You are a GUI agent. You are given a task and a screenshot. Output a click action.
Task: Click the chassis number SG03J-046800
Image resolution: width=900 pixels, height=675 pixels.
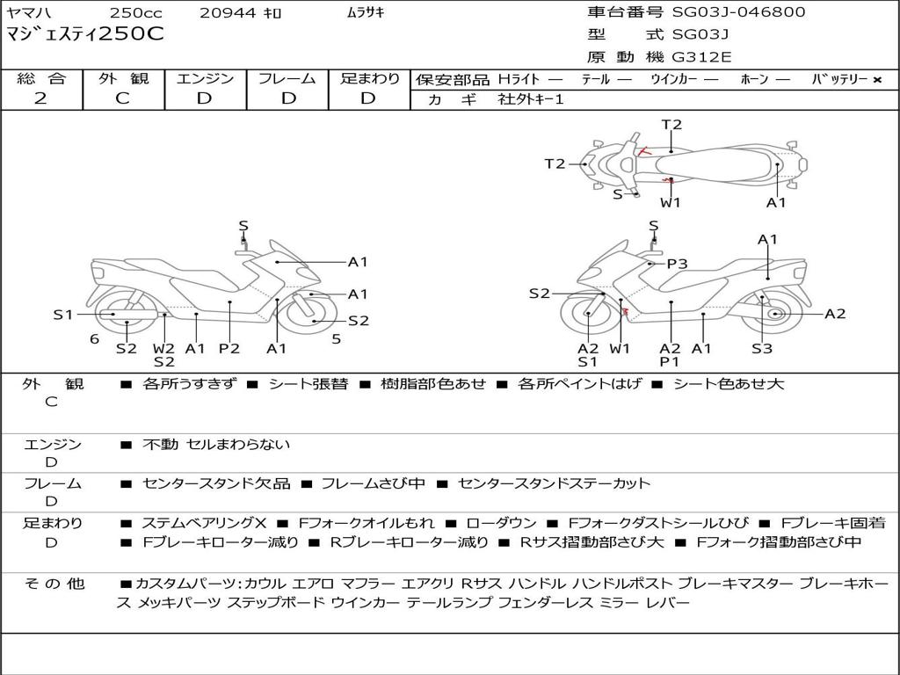[x=738, y=12]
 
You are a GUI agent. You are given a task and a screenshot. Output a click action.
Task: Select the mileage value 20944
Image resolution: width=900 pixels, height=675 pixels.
[x=227, y=13]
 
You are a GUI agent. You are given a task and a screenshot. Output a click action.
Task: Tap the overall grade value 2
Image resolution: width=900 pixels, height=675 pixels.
[x=40, y=98]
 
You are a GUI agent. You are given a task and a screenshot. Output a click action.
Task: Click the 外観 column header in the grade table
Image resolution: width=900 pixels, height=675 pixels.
[x=123, y=78]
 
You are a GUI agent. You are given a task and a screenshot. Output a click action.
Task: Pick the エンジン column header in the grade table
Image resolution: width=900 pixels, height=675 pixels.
[x=205, y=78]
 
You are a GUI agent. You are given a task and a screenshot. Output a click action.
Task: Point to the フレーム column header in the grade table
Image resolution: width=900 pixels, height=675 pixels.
[x=287, y=78]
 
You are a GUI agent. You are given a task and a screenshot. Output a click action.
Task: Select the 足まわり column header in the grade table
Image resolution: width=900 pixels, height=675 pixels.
[x=370, y=78]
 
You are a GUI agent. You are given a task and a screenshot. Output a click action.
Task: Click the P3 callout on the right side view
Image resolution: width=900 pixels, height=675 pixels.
[x=677, y=264]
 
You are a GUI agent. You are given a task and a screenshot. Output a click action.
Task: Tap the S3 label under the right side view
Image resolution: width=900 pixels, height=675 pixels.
[x=761, y=348]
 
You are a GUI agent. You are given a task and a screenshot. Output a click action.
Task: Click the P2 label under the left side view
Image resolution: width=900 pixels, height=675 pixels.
[x=229, y=348]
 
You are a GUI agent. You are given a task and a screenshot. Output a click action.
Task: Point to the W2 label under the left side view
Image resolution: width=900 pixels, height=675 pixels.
[x=164, y=348]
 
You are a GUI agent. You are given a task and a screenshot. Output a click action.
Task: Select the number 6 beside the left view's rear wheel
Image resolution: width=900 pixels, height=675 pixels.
[x=93, y=339]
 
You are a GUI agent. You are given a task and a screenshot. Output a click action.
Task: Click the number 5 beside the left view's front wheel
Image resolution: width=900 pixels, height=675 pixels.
[x=336, y=339]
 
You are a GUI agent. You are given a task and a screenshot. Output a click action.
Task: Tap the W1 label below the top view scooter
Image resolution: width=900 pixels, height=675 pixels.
[x=671, y=202]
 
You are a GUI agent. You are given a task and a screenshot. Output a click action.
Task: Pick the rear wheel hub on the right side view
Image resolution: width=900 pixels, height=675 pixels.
[x=774, y=314]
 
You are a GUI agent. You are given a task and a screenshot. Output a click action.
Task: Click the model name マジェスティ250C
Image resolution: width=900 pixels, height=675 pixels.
[x=84, y=35]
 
